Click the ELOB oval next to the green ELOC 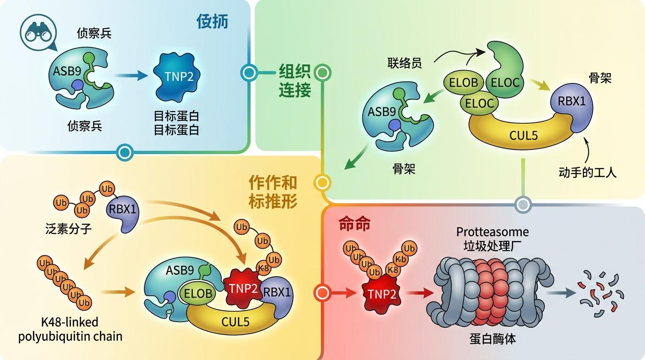tap(463, 83)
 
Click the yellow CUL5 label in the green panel tap(523, 136)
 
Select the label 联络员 tap(404, 63)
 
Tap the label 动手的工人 tap(587, 172)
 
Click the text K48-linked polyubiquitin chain tap(70, 329)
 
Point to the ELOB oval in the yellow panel tap(197, 294)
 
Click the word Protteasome tap(492, 232)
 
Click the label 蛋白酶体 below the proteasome tap(492, 338)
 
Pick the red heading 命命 tap(354, 224)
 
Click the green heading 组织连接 tap(295, 80)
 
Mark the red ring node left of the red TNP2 tap(322, 293)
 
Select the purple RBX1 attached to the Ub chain tap(123, 211)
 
